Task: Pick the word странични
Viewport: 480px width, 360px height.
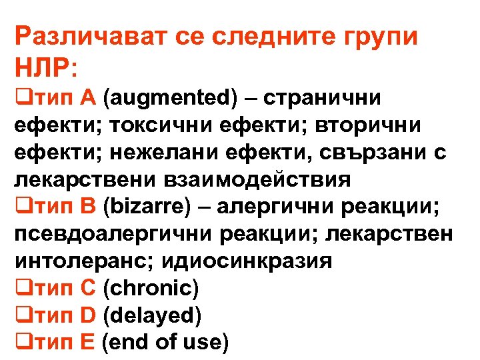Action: pyautogui.click(x=323, y=99)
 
